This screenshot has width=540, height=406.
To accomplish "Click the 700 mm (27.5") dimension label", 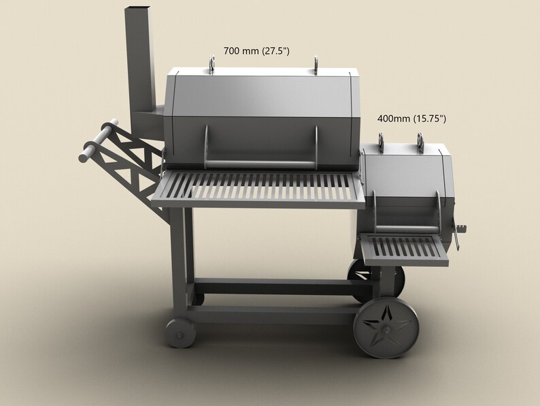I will pyautogui.click(x=256, y=51).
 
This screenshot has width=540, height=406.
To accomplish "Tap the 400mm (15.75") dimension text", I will pyautogui.click(x=411, y=119).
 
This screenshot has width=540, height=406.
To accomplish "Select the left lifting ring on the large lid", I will pyautogui.click(x=212, y=63).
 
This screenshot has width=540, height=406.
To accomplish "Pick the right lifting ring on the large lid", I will pyautogui.click(x=316, y=63).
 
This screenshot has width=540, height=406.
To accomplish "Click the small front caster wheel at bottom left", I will pyautogui.click(x=180, y=334).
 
